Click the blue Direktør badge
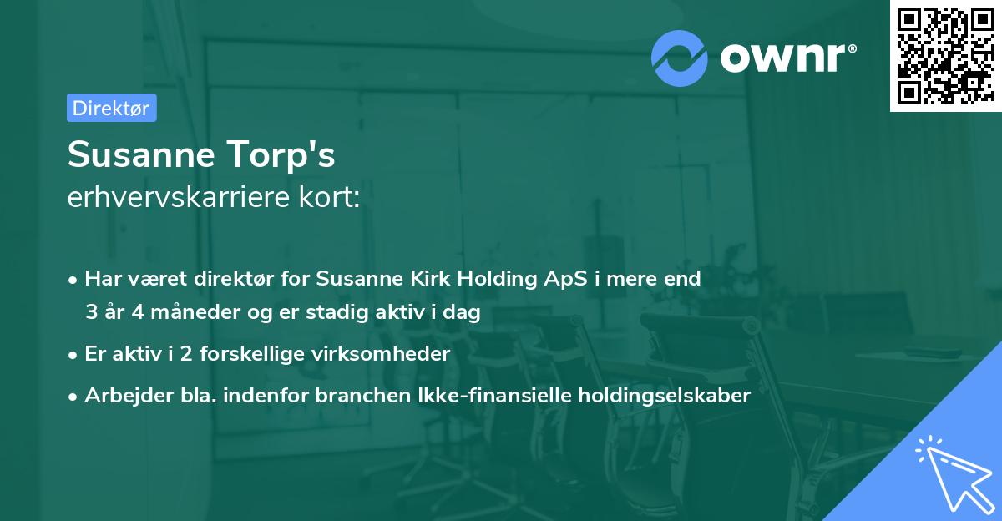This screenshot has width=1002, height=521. (x=111, y=108)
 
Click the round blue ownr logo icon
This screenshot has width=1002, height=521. (x=680, y=58)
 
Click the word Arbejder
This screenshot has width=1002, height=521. (x=122, y=396)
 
